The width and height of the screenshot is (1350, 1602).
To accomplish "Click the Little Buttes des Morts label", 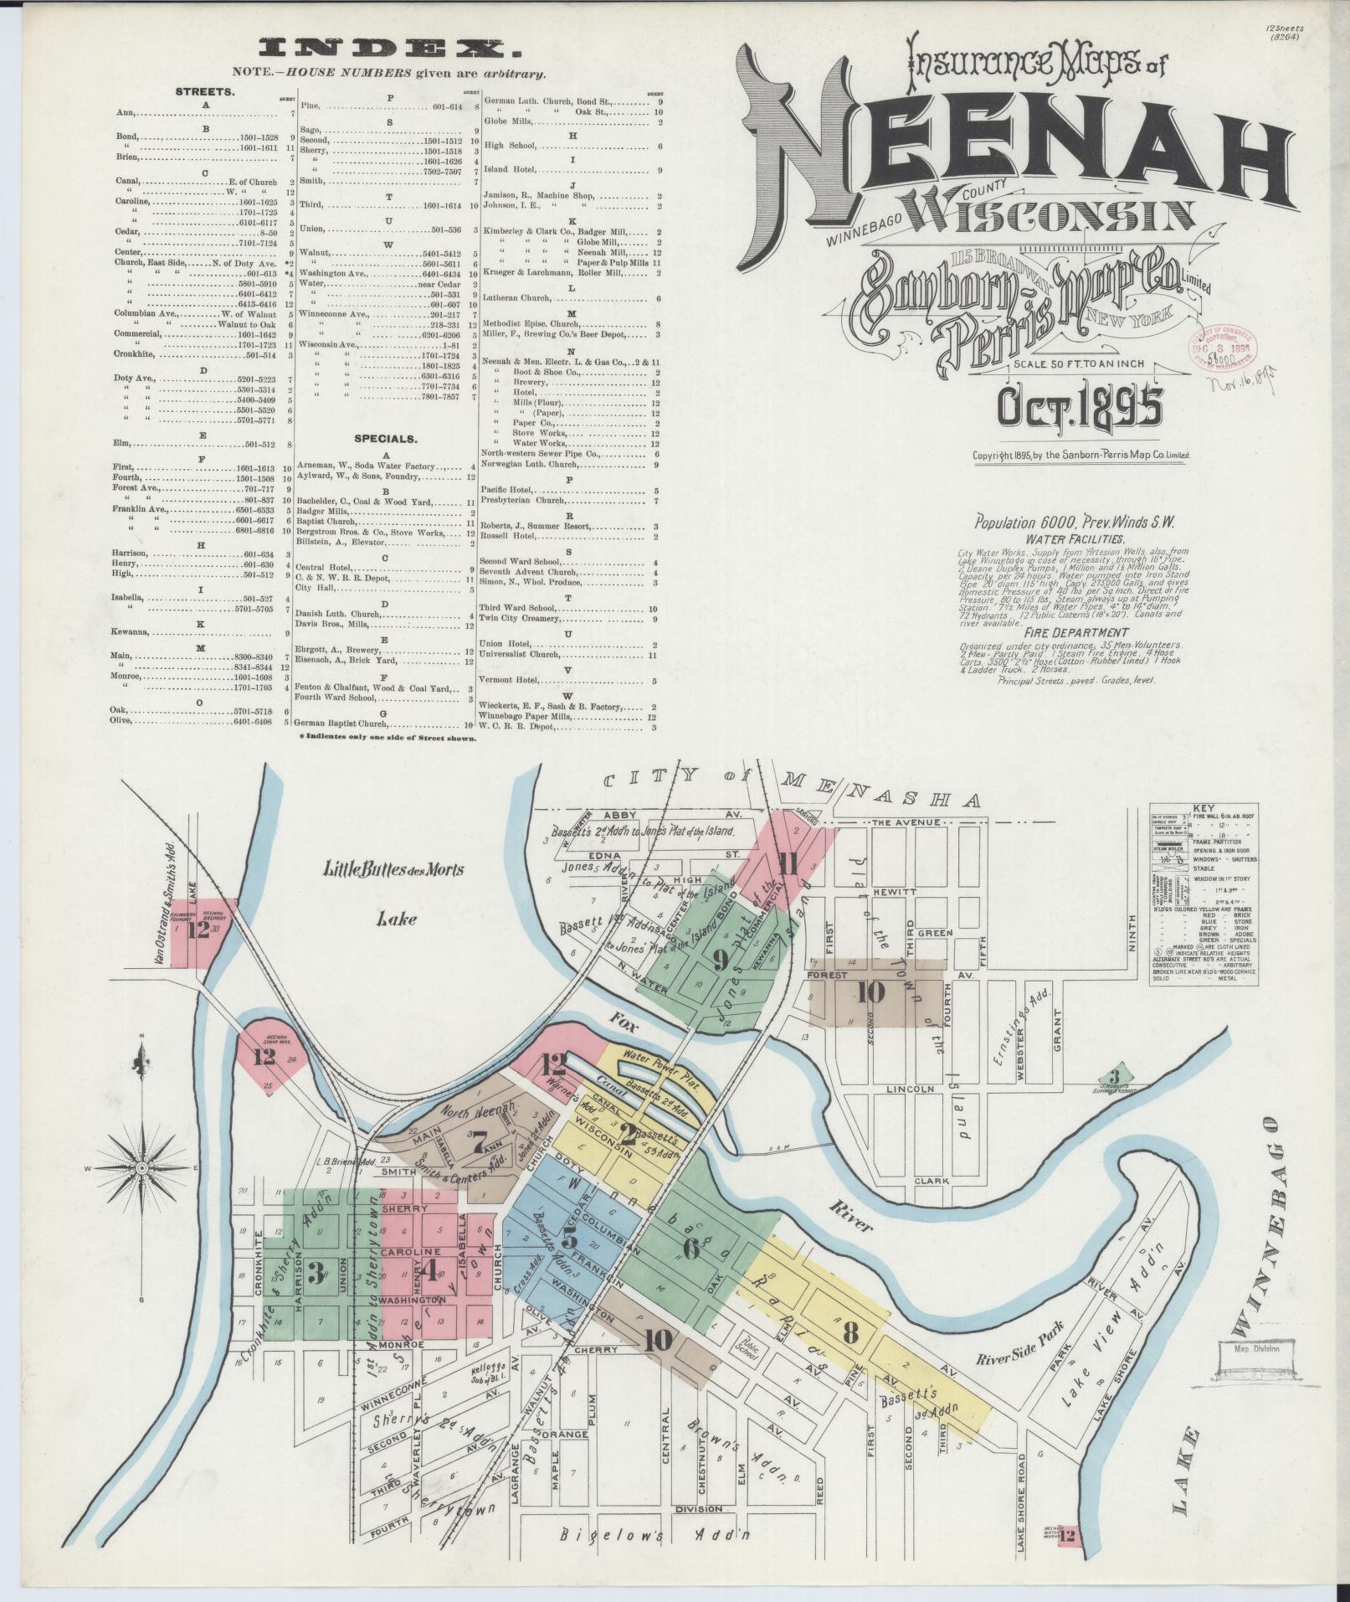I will pyautogui.click(x=393, y=870).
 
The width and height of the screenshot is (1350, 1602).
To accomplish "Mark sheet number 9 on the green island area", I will pyautogui.click(x=720, y=961).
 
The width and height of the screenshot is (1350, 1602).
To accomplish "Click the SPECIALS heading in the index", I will pyautogui.click(x=385, y=438).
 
